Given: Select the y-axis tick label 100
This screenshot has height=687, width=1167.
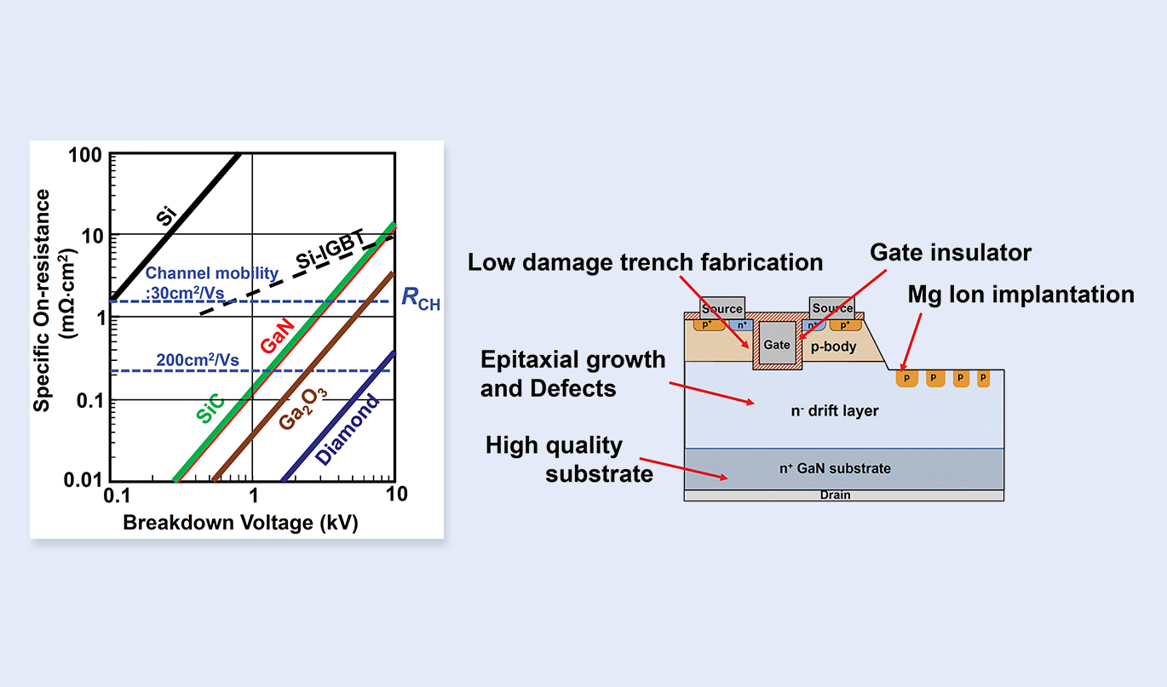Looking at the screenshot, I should tap(87, 156).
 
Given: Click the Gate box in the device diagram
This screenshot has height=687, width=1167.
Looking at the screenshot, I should tap(777, 345).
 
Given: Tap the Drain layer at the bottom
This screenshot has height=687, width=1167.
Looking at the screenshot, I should tap(835, 495).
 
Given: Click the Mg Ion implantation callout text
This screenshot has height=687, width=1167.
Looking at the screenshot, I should tap(1020, 295).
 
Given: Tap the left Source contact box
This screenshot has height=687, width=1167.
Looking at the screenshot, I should tap(721, 307).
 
